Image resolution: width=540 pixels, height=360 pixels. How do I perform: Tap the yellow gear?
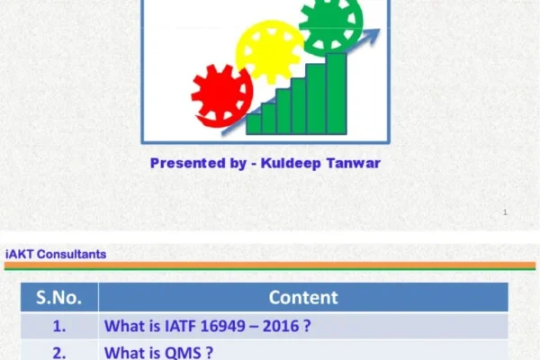[268, 51]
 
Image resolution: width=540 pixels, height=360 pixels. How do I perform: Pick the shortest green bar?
[254, 123]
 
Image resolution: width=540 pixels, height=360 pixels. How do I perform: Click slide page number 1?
[505, 212]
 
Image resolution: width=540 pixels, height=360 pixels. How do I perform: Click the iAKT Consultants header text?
[56, 254]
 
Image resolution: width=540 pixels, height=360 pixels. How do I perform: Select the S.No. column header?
[59, 297]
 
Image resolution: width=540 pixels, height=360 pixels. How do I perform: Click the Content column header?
[303, 297]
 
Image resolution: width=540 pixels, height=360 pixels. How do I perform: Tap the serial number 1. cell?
[59, 327]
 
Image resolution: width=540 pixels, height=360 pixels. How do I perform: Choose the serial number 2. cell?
[59, 353]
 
